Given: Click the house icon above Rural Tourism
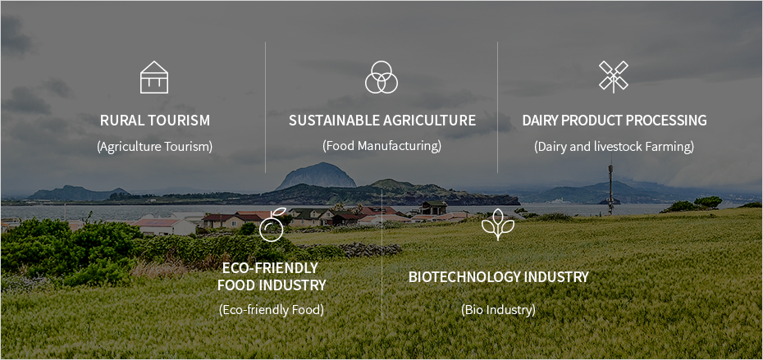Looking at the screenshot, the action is coord(154,77).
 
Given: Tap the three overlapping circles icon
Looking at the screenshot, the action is coord(381,77).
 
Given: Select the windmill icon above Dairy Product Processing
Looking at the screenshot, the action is coord(614,77).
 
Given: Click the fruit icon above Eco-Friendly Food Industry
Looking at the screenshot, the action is coord(272,225).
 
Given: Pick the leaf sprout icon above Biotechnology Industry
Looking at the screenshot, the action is coord(497,225).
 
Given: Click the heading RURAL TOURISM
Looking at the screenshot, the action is coord(155,121).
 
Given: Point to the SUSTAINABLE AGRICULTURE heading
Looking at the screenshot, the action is coord(382,121).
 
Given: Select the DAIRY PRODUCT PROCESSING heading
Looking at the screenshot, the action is coord(615,121).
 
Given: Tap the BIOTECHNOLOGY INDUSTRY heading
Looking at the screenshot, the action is coord(498,277).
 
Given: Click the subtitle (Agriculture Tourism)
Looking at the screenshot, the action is coord(155,147).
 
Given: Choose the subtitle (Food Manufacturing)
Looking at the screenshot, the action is coord(382,146).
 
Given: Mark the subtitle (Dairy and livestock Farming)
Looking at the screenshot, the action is coord(615,147).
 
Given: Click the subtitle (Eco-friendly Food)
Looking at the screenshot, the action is coord(272,309).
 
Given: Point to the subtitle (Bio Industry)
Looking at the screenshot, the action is coord(498,309).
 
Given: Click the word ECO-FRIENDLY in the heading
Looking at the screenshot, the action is coord(270,268).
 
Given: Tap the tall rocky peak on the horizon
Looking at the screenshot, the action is coord(318,176).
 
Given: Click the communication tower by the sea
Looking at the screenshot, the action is coord(610,189).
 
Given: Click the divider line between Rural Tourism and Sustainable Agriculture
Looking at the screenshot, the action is coord(265,107).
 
